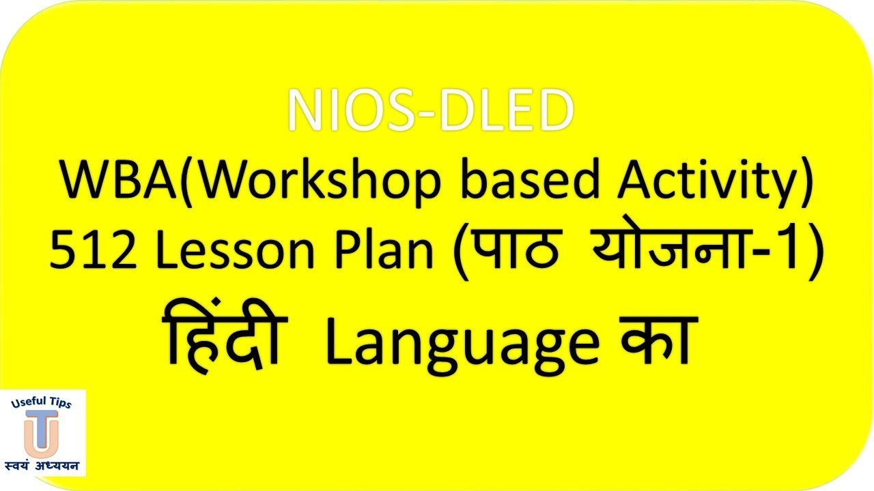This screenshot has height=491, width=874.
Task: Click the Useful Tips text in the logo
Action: [x=42, y=404]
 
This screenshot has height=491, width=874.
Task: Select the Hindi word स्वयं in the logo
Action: [x=23, y=467]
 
